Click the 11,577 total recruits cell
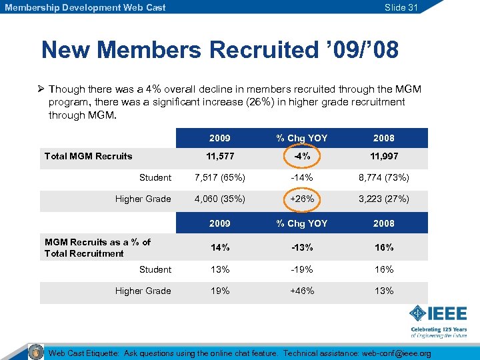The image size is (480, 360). click(219, 157)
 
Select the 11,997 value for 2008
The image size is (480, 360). click(383, 157)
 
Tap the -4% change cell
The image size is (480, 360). click(301, 157)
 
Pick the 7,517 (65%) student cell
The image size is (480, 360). click(219, 178)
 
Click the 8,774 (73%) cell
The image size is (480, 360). click(383, 178)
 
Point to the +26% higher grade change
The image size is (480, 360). click(301, 199)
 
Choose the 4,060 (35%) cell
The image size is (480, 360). click(219, 199)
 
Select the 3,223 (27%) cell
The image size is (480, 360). click(383, 199)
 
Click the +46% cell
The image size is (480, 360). click(301, 291)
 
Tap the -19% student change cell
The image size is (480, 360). click(301, 270)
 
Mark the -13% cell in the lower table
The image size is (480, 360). click(301, 248)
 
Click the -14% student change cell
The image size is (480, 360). click(301, 178)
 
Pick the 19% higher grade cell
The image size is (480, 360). click(219, 291)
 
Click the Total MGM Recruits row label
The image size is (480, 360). click(88, 157)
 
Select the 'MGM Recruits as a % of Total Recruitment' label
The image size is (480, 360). click(97, 248)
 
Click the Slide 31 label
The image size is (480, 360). click(401, 7)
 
